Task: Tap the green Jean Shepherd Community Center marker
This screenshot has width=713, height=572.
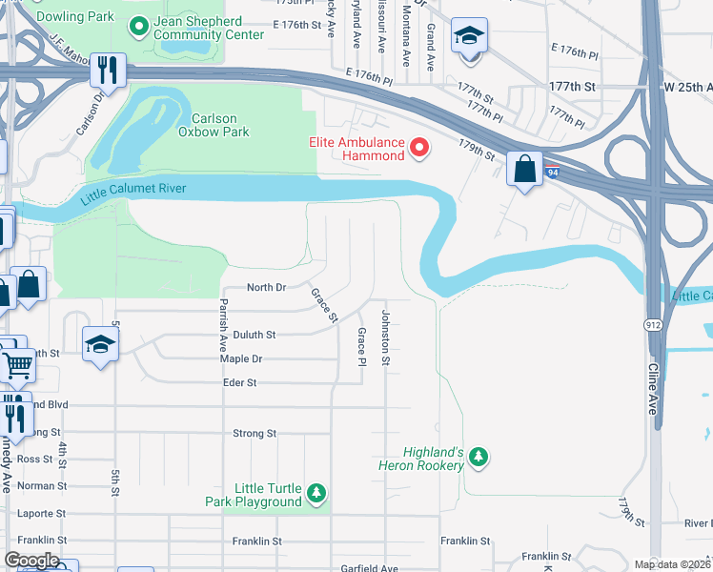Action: coord(139,27)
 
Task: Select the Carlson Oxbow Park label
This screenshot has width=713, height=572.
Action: coord(220,125)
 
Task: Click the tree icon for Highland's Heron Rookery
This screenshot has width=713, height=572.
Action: coord(479,459)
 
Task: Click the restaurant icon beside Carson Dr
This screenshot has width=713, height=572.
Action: coord(110,70)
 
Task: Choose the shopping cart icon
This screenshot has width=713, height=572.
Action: coord(17,363)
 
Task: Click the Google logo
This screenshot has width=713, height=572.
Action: coord(31,560)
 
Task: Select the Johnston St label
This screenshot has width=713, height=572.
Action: coord(386,337)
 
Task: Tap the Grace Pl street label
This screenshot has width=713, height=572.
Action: coord(361,347)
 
